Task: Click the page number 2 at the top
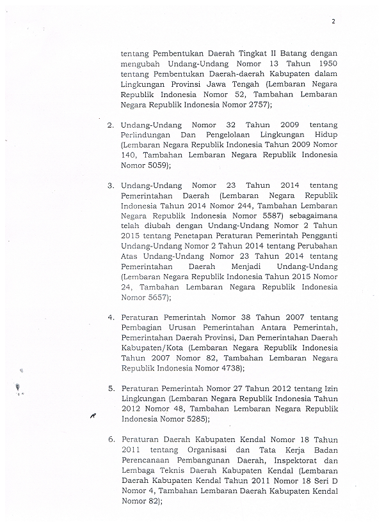[x=333, y=21]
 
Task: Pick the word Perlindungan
[x=148, y=135]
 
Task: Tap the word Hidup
[x=323, y=135]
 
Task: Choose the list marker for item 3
[x=111, y=185]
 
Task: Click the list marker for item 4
[x=111, y=317]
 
